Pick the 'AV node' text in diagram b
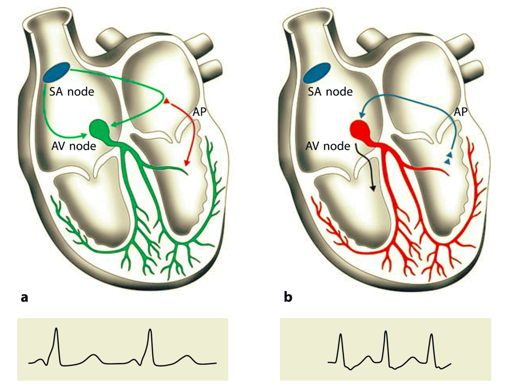[x=328, y=146]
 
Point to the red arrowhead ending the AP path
[x=187, y=163]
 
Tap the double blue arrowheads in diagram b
[x=448, y=158]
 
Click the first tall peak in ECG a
[x=57, y=329]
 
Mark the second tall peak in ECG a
[x=150, y=330]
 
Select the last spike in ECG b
[x=431, y=335]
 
